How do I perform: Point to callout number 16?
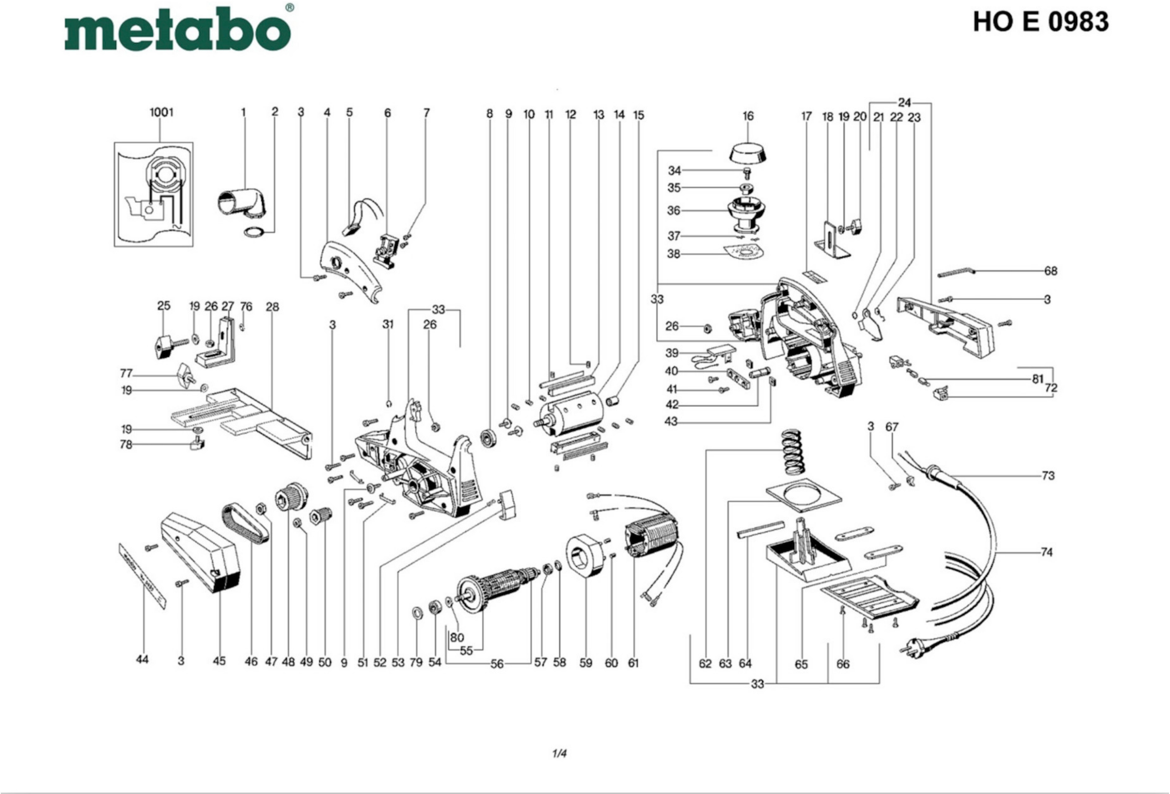click(748, 116)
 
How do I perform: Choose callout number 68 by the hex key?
click(1051, 271)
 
